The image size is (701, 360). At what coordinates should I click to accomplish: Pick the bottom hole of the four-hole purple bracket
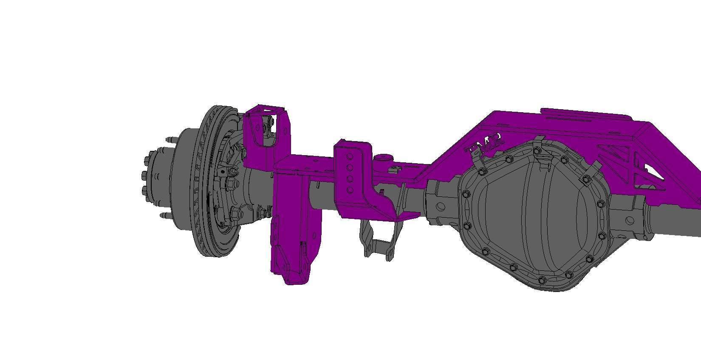(x=350, y=190)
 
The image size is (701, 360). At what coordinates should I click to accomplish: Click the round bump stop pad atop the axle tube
(x=382, y=158)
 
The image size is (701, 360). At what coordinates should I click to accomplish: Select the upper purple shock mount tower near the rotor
(x=268, y=128)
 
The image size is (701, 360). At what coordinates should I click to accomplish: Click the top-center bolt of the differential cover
(x=537, y=150)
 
